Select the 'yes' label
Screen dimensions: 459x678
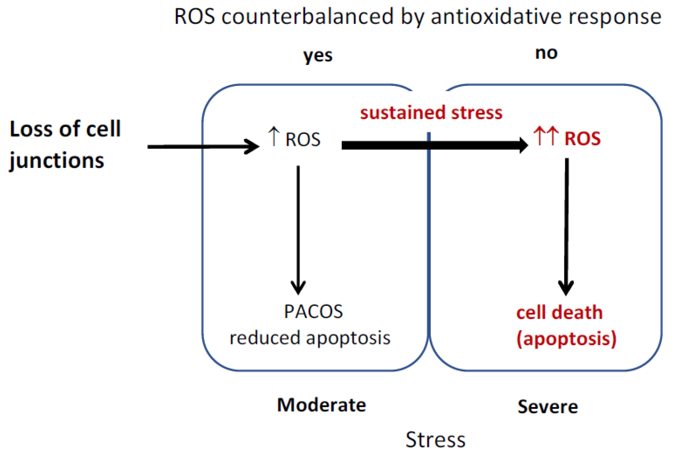(x=318, y=56)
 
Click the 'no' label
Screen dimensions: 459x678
(x=546, y=53)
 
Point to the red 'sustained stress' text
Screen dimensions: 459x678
(x=431, y=113)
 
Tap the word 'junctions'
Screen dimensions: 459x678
(x=57, y=161)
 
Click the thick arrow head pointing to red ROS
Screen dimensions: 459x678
(x=523, y=145)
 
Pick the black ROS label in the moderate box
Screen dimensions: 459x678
(x=303, y=139)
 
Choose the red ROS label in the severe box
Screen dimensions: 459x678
(x=582, y=139)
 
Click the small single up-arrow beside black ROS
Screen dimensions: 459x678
(x=273, y=136)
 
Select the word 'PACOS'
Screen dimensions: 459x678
(x=313, y=312)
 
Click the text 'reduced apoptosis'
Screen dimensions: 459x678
(x=310, y=338)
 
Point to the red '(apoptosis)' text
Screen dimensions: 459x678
(x=566, y=339)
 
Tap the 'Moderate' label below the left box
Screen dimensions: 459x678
(x=322, y=405)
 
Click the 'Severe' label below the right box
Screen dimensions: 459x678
(x=548, y=407)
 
